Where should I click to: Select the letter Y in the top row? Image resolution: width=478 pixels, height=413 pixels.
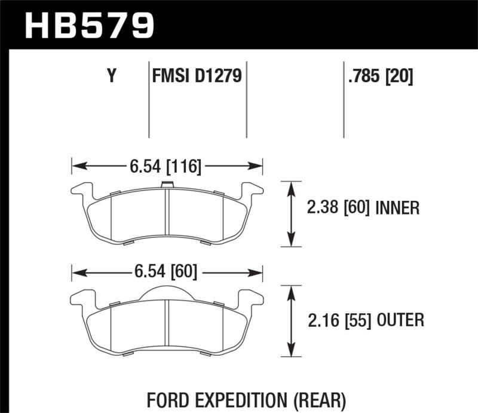click(111, 77)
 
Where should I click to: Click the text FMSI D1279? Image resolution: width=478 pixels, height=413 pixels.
click(197, 77)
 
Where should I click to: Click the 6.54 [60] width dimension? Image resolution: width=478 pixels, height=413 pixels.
click(166, 273)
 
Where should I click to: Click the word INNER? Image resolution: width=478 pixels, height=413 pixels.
click(397, 208)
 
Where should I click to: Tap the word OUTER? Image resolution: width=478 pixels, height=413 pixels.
click(400, 320)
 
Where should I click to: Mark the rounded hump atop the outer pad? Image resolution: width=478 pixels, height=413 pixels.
click(167, 292)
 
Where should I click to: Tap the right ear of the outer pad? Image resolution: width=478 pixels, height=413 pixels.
click(250, 297)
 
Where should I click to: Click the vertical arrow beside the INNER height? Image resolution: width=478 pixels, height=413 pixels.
click(291, 213)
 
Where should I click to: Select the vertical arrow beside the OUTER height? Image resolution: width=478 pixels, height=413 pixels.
click(291, 321)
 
